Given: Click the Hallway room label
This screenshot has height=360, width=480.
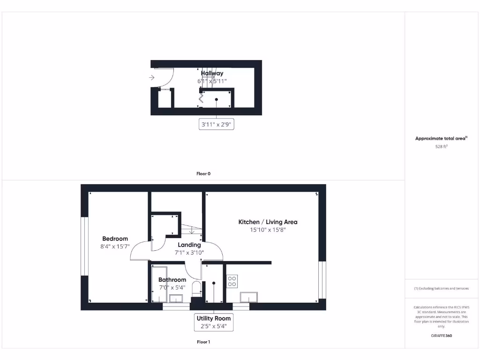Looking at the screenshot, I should [212, 73].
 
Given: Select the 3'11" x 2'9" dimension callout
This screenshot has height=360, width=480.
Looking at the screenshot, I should [216, 125].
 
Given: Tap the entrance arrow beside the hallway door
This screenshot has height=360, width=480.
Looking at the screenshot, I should [152, 78].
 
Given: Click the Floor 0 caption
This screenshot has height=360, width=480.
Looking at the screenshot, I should [203, 173].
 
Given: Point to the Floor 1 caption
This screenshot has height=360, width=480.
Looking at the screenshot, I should [203, 342].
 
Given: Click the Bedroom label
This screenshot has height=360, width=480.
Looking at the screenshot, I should [115, 239].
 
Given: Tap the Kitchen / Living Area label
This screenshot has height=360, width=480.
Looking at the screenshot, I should [268, 222].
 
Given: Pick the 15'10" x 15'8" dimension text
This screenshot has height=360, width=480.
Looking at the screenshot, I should [268, 230].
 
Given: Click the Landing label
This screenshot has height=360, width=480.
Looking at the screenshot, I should [189, 245].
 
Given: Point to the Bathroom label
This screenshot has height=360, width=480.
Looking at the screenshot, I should [172, 280].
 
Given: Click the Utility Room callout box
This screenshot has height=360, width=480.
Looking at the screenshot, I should [213, 322].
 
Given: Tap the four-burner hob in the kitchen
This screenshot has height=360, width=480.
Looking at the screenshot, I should [232, 281].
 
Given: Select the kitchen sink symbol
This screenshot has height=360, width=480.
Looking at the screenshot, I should [248, 297].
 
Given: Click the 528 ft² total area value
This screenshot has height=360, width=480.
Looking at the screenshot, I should [441, 147].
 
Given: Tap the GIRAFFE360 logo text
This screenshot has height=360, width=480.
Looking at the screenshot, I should [441, 336].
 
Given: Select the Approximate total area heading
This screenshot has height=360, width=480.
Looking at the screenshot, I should [441, 138].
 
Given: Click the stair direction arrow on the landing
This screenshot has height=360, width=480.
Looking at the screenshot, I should [192, 230].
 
